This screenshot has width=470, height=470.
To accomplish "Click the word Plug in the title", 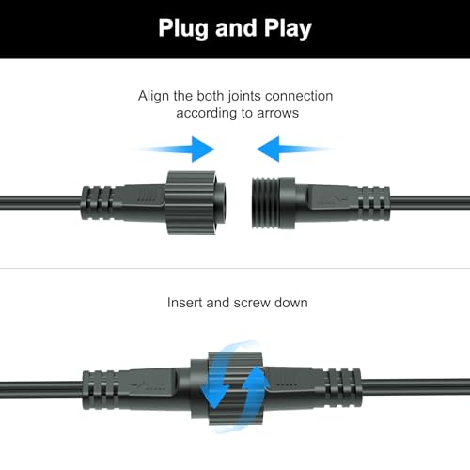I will click(x=188, y=28).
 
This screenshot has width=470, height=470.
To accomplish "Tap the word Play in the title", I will click(x=283, y=28).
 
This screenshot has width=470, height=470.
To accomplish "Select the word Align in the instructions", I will click(x=156, y=96).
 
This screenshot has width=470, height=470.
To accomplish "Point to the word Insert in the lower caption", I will click(x=186, y=304).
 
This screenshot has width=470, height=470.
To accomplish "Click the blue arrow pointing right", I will click(x=179, y=148).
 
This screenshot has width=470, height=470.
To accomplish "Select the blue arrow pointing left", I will click(x=293, y=148).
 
